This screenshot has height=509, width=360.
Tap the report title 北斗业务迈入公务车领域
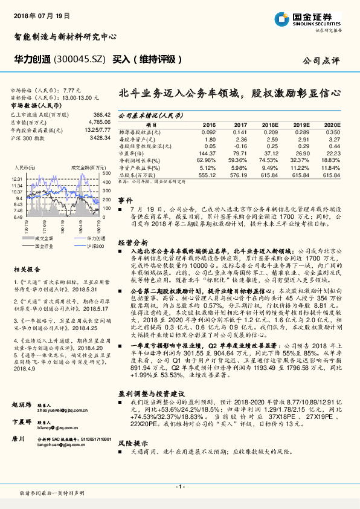coord(181,94)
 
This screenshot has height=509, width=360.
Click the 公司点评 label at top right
coord(328,60)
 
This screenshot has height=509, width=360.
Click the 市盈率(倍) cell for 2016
coord(207,154)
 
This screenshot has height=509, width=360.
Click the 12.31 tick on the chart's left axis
coord(16,180)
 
